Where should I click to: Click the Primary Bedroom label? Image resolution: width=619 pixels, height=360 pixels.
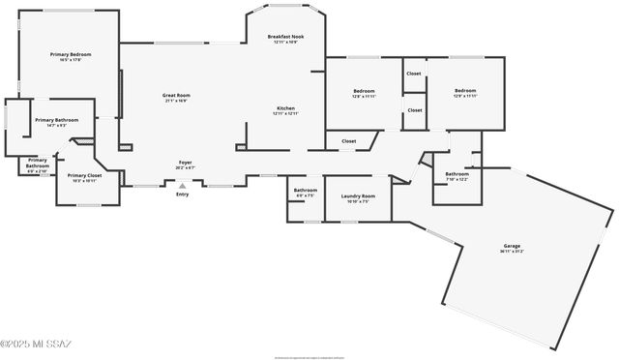pos(71,54)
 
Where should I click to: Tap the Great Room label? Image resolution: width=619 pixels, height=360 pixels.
pos(176,95)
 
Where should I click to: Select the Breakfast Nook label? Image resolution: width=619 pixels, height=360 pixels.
pos(285,37)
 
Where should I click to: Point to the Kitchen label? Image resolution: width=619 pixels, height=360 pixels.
pos(285,108)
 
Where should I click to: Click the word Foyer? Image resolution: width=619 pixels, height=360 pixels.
pos(185,162)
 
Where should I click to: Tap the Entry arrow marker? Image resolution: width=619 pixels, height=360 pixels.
pos(182,185)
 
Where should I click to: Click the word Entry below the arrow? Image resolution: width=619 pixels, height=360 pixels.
pos(182,195)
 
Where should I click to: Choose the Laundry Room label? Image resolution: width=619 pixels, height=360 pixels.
pos(358,196)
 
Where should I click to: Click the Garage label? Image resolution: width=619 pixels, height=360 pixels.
pos(512,246)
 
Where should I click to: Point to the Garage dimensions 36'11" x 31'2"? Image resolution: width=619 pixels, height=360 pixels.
pos(512,252)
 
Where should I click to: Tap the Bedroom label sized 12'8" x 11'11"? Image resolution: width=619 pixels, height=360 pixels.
pos(364,91)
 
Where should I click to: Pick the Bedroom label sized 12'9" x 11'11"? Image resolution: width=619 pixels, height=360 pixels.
pos(465,91)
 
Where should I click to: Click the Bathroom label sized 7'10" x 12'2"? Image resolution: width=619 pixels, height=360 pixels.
pos(457,174)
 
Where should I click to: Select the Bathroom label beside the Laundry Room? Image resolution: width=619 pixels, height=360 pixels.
pos(306,190)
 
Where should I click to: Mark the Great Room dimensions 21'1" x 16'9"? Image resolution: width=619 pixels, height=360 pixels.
pos(176,101)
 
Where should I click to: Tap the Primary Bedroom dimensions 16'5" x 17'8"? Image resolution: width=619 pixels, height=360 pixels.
pos(71,60)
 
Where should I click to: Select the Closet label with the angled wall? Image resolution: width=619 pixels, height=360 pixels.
pos(348,141)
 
